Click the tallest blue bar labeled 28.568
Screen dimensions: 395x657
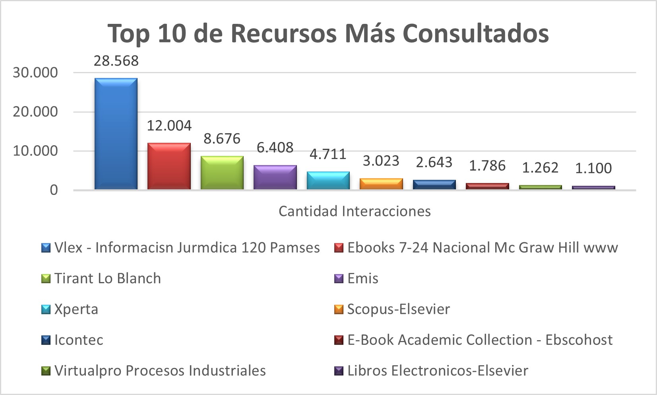click(116, 134)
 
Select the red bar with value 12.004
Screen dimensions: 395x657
click(169, 166)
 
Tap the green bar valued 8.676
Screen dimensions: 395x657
click(222, 173)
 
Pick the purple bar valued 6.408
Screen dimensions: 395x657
click(275, 177)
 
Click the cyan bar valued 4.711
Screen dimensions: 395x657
click(328, 180)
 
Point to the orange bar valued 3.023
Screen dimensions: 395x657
click(381, 184)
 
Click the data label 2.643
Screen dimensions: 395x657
click(434, 162)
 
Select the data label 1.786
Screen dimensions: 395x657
click(487, 166)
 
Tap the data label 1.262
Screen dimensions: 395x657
click(540, 168)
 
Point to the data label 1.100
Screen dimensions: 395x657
click(593, 168)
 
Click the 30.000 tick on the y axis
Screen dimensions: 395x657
click(35, 73)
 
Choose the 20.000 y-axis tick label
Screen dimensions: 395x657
click(35, 112)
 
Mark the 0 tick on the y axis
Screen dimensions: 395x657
click(54, 190)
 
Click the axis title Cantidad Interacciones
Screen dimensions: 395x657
click(355, 211)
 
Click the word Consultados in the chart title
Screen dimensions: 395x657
click(476, 33)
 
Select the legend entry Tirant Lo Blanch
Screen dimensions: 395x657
click(107, 278)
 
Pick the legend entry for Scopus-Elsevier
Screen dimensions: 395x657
click(398, 309)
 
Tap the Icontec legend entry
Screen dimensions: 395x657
click(79, 340)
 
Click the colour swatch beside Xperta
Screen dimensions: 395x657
click(46, 309)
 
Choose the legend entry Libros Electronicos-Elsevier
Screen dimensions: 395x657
click(438, 371)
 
